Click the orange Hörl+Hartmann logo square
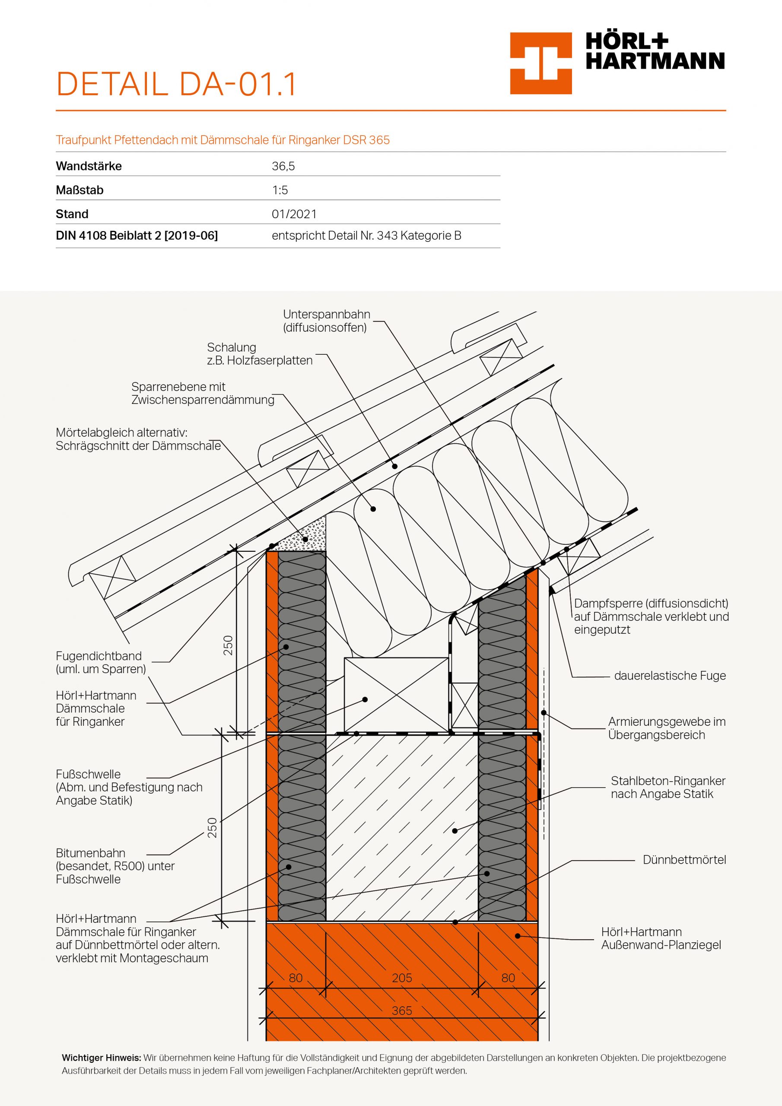click(x=540, y=63)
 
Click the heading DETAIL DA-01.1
click(x=176, y=84)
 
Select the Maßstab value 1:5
click(x=280, y=190)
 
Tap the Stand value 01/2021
click(x=294, y=214)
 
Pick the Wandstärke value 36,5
click(x=283, y=166)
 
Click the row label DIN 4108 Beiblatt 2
click(x=137, y=235)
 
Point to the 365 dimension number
click(x=401, y=1011)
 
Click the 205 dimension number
click(x=401, y=978)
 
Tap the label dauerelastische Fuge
click(x=669, y=676)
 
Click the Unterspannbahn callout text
click(x=326, y=321)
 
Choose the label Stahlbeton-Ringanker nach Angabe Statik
click(x=668, y=788)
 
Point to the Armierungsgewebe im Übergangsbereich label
click(x=666, y=728)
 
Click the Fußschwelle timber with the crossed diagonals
click(x=396, y=695)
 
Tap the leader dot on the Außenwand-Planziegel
click(x=518, y=936)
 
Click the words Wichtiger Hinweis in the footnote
click(x=101, y=1058)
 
